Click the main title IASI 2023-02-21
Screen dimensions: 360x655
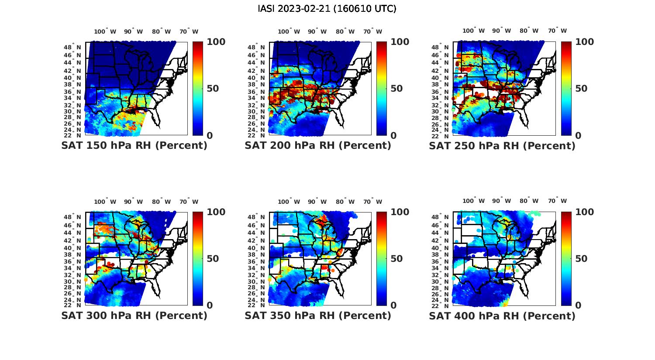(327, 9)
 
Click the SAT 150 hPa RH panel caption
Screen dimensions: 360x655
(134, 146)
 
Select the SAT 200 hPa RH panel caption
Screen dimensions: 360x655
(318, 146)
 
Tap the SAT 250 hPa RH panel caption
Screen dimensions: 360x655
(502, 146)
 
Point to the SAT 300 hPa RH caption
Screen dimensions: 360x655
(134, 315)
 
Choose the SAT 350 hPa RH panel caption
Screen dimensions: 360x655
(318, 315)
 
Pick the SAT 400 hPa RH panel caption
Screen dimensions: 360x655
(502, 315)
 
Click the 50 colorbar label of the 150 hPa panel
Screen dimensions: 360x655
(213, 89)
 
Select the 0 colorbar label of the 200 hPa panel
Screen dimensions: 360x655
(393, 136)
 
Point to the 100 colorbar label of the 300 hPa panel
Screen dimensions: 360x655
(216, 212)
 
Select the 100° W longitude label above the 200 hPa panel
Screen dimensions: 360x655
(289, 31)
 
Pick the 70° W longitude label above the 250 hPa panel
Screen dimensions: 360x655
(557, 31)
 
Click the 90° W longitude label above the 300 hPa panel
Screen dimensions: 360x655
(133, 202)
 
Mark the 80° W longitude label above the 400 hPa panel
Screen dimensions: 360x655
(529, 201)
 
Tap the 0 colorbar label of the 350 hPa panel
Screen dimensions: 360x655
(393, 305)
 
